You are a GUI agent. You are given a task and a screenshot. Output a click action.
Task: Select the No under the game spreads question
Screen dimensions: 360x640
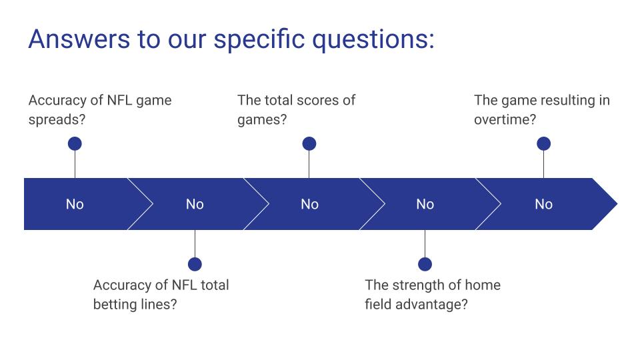click(75, 204)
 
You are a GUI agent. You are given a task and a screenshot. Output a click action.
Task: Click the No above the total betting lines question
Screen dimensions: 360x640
click(195, 204)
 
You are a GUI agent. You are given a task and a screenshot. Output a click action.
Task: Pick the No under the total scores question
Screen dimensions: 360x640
click(309, 204)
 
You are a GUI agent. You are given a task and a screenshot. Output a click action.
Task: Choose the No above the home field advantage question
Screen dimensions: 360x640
click(425, 204)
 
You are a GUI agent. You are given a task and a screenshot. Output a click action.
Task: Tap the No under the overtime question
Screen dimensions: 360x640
click(543, 204)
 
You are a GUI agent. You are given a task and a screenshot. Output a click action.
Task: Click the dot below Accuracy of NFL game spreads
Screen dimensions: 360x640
click(75, 143)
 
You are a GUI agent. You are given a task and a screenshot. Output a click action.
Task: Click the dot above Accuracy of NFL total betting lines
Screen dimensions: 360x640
click(195, 264)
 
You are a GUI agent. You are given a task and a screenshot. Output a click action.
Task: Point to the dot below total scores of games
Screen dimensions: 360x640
click(309, 143)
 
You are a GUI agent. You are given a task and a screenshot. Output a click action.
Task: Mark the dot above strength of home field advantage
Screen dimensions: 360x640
click(425, 264)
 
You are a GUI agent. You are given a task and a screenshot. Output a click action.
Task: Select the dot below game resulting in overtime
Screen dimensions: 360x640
click(543, 143)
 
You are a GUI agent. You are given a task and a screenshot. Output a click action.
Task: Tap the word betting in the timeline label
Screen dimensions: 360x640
click(116, 305)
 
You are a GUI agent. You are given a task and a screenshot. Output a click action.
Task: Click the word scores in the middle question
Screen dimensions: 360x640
click(317, 100)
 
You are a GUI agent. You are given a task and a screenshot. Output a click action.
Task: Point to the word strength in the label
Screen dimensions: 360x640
click(417, 285)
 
